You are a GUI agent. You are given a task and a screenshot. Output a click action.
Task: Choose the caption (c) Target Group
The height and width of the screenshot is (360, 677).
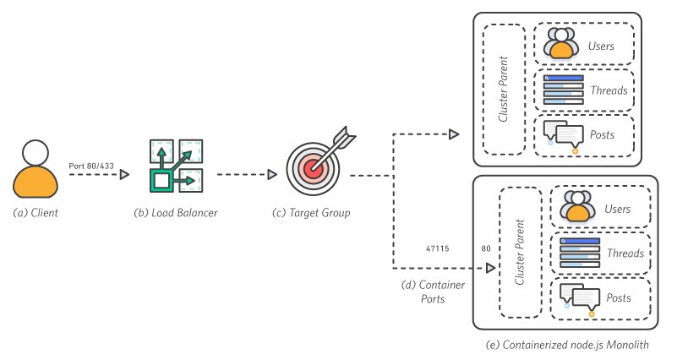[x=314, y=212]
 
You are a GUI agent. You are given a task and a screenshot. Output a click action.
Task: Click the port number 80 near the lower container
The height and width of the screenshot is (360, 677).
[x=486, y=249]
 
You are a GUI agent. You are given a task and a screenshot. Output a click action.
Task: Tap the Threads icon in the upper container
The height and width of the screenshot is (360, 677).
[x=563, y=90]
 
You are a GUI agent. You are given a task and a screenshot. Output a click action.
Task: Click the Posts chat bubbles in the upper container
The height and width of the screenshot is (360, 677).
[x=564, y=134]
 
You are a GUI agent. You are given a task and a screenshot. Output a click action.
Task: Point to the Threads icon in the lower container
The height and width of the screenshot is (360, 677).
[x=579, y=253]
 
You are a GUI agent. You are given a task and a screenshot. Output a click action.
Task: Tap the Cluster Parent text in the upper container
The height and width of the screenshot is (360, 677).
[x=503, y=90]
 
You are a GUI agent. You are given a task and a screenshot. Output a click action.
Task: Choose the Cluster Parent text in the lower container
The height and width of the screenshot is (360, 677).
[x=520, y=252]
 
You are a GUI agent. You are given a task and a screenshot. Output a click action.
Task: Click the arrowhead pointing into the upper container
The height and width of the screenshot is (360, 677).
[x=453, y=134]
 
